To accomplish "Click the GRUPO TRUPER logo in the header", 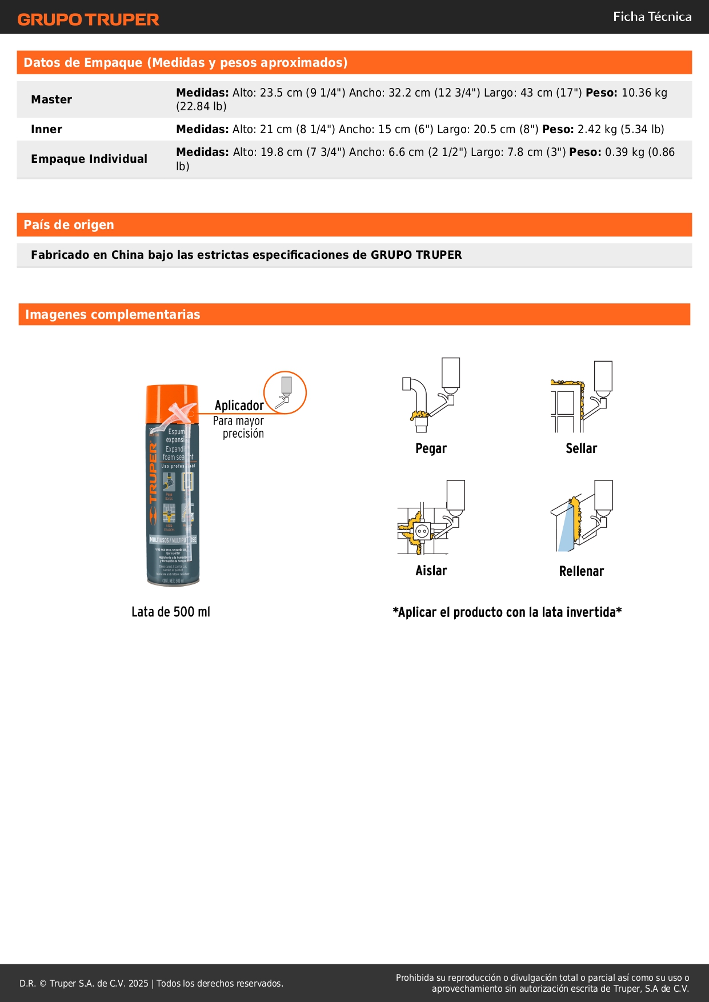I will coord(89,19).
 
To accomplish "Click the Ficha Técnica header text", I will coord(652,17).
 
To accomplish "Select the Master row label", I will coord(51,99).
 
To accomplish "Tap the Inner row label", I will coord(46,129).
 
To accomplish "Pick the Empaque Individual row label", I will coord(89,159).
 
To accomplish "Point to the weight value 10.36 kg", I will coord(644,93).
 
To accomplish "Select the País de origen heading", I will coord(69,225).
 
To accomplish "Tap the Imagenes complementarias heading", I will coord(113,314).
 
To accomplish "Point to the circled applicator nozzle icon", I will coord(285,392).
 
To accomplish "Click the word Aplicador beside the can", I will coord(239,406).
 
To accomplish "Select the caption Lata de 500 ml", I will coord(171,612).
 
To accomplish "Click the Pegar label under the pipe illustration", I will coord(431,448).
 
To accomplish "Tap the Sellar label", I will coord(581,448).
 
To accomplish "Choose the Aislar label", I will coord(431,571).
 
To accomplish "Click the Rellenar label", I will coord(581,571).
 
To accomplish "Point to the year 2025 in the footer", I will coord(138,983).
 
